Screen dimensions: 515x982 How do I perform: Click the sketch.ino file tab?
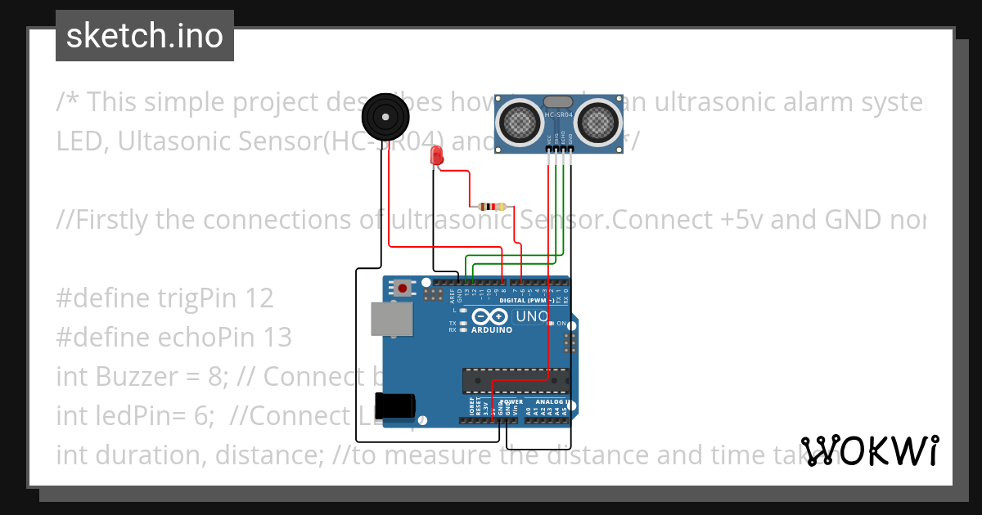(x=145, y=36)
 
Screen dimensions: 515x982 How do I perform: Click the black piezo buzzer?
(x=385, y=117)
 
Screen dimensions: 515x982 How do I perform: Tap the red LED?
(x=437, y=155)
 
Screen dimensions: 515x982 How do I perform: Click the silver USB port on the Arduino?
(x=391, y=319)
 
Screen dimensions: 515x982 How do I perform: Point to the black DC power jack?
(x=394, y=406)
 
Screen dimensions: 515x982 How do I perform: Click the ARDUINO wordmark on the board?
(x=491, y=330)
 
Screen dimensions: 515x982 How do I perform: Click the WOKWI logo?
(x=871, y=450)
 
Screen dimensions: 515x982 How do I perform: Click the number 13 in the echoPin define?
(x=277, y=337)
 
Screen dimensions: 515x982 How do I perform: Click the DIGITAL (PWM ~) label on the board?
(x=535, y=300)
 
